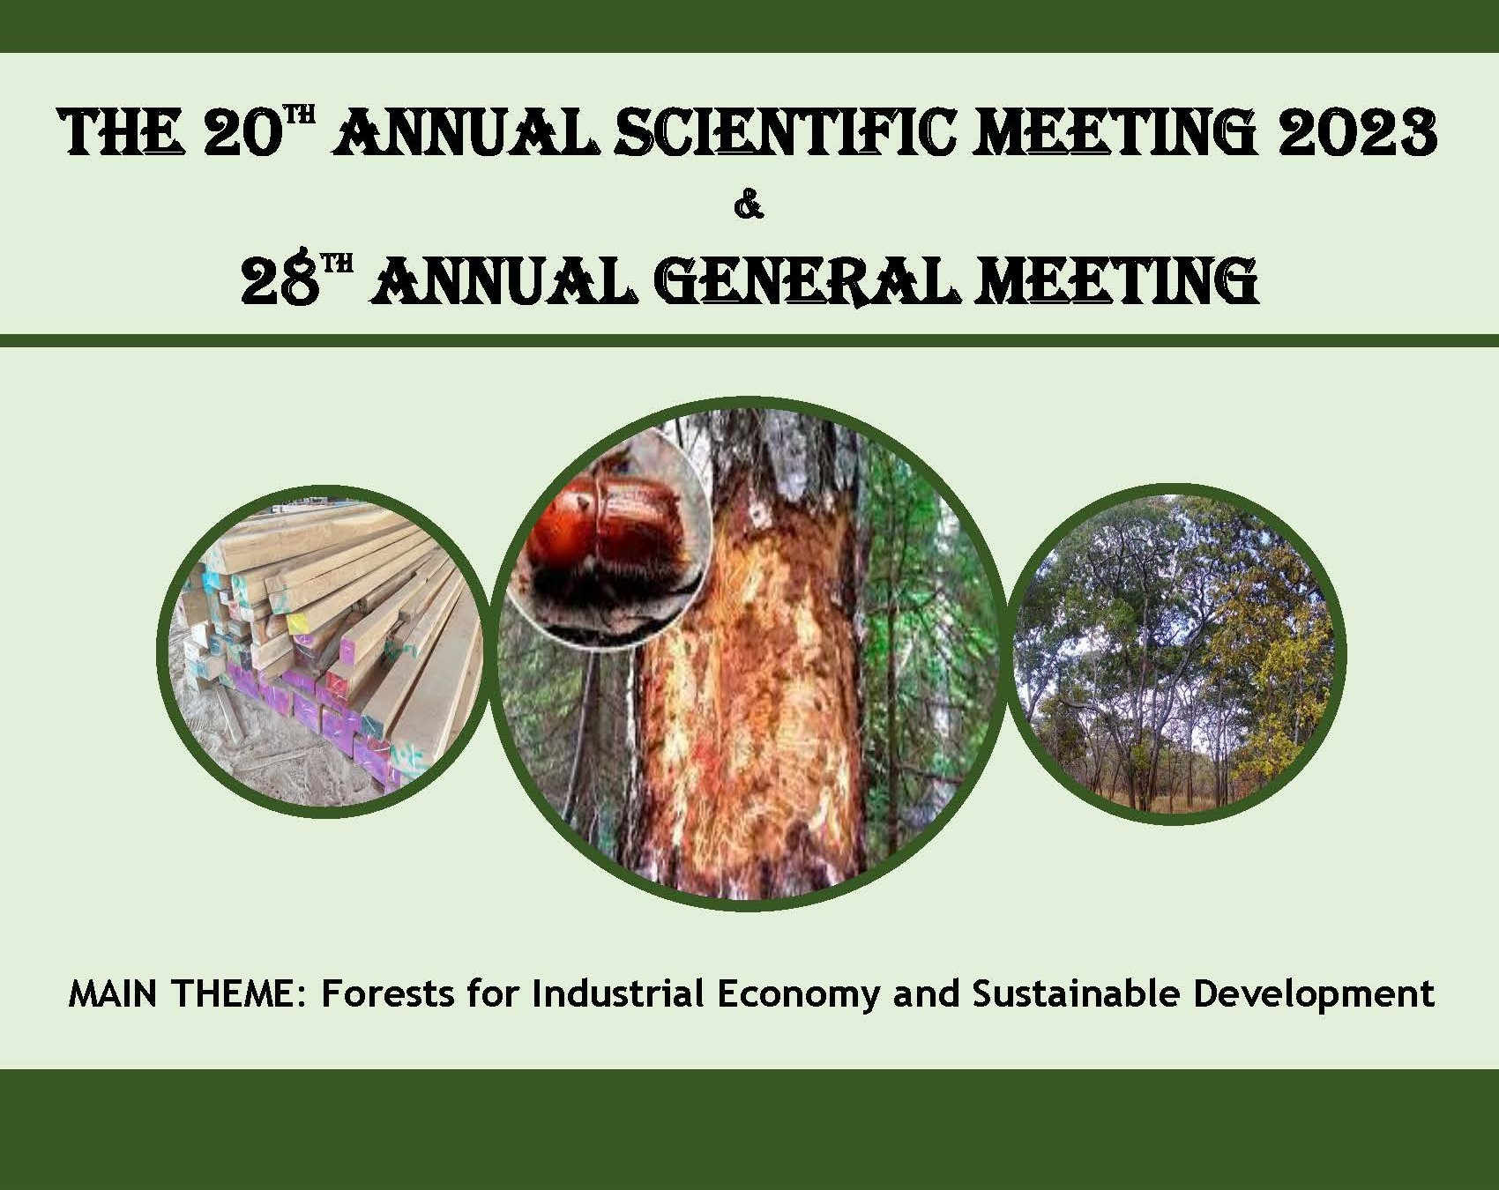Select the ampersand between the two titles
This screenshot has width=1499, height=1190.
pyautogui.click(x=749, y=208)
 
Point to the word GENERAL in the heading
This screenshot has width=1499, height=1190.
pyautogui.click(x=813, y=280)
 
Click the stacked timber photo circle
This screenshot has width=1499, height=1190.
pyautogui.click(x=323, y=652)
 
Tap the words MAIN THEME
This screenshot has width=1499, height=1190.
pyautogui.click(x=189, y=993)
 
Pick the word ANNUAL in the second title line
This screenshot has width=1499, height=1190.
pyautogui.click(x=503, y=280)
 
